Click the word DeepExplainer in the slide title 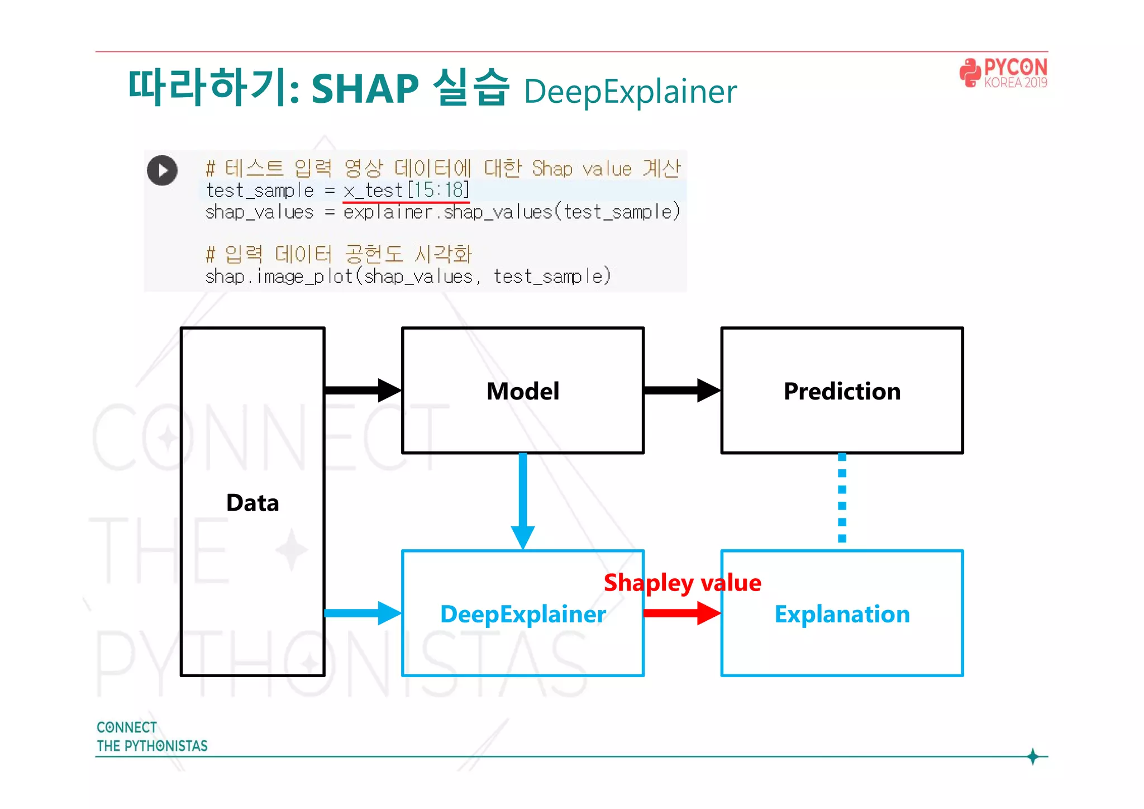click(630, 92)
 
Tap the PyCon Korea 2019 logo click(1003, 73)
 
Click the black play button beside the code click(162, 170)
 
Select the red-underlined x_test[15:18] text click(406, 191)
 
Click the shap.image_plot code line click(408, 277)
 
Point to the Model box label click(522, 391)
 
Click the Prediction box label click(842, 391)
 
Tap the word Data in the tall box click(252, 503)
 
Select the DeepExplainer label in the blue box click(522, 614)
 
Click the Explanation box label click(842, 614)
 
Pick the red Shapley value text click(682, 583)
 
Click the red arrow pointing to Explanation click(681, 613)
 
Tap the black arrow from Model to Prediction click(681, 390)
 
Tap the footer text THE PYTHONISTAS click(152, 746)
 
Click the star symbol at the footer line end click(1032, 756)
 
